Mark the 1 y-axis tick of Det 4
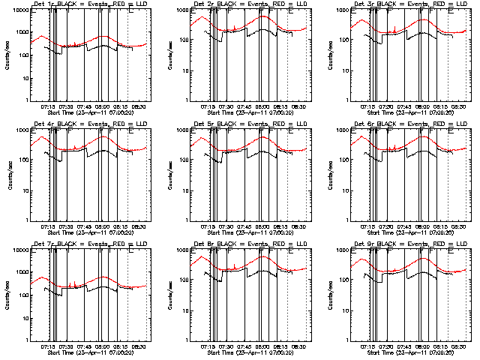coord(22,219)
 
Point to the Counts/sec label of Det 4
coord(7,175)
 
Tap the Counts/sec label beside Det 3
coord(327,55)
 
